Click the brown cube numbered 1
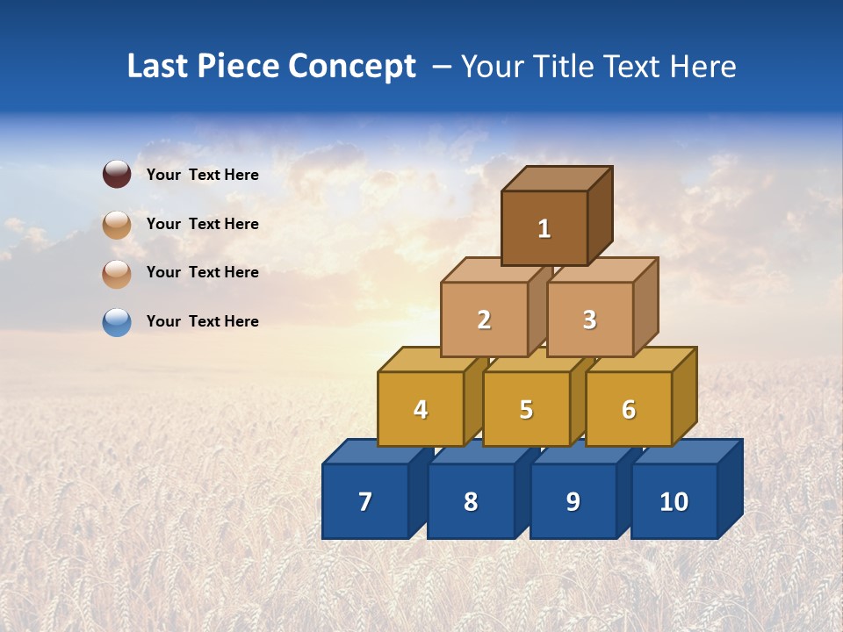click(544, 228)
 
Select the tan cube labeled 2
click(484, 320)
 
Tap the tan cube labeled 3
click(589, 320)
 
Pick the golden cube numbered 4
click(421, 409)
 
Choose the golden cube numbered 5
click(526, 409)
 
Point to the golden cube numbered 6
click(628, 409)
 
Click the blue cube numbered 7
click(365, 501)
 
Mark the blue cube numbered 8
click(471, 501)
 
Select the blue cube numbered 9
click(573, 501)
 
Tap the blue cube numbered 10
click(674, 501)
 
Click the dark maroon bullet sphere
click(117, 175)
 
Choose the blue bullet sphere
click(117, 322)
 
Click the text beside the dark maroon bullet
click(202, 175)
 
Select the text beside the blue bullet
click(202, 321)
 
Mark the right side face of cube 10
click(730, 488)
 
